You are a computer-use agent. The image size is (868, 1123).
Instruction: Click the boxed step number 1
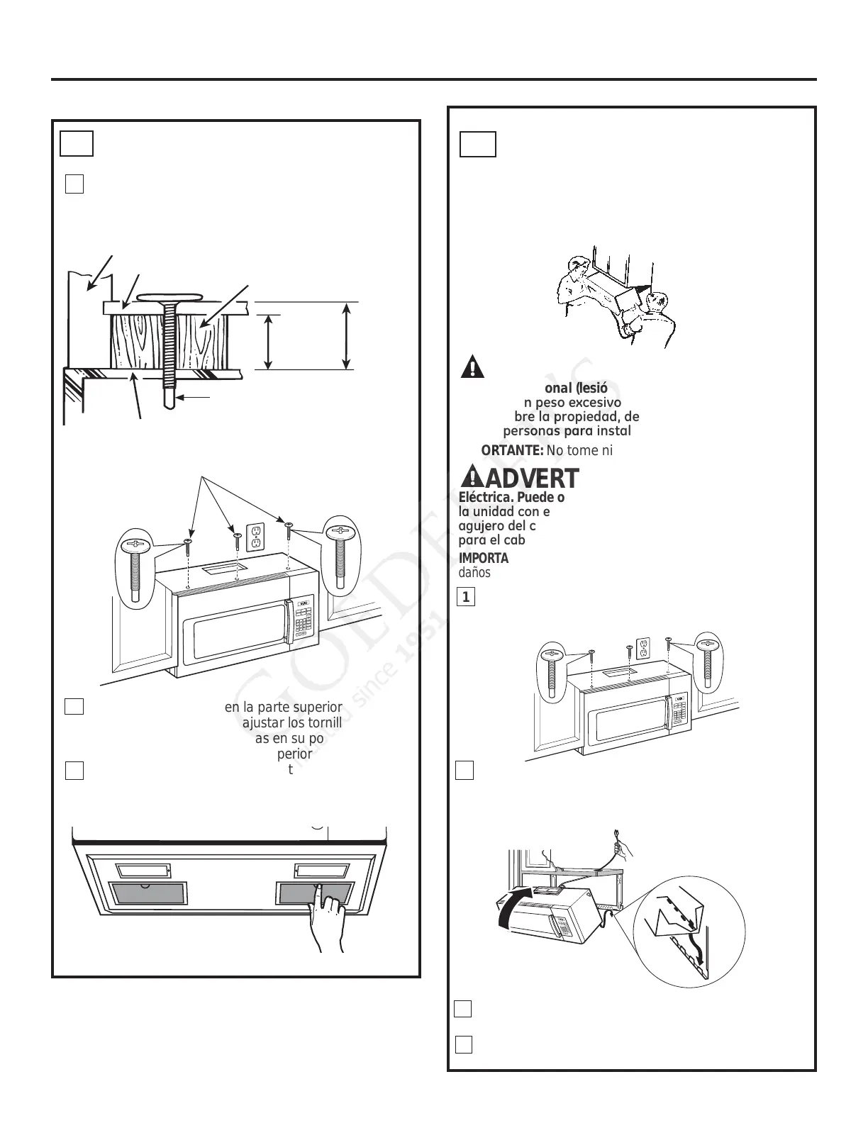click(x=465, y=597)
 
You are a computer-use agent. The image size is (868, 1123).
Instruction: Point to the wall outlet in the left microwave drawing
click(x=255, y=537)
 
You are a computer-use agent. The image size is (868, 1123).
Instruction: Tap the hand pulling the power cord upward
click(x=622, y=844)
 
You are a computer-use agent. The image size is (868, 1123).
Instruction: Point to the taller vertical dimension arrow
click(x=346, y=336)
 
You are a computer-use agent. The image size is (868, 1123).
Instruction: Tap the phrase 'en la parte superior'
click(x=284, y=707)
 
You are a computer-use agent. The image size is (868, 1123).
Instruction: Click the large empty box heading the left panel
click(x=77, y=143)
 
